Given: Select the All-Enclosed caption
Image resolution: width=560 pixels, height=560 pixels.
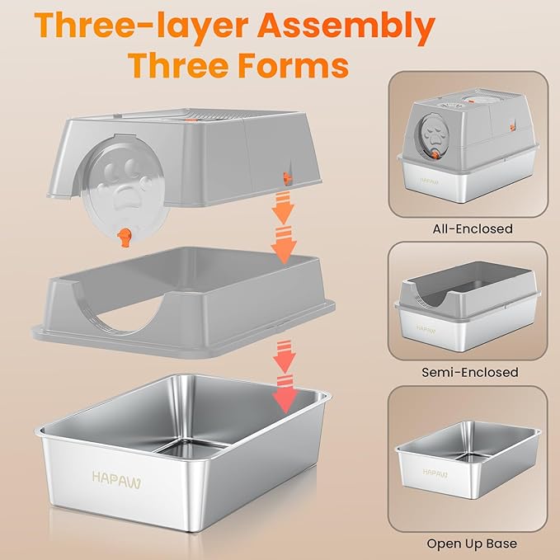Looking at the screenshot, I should (472, 228).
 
